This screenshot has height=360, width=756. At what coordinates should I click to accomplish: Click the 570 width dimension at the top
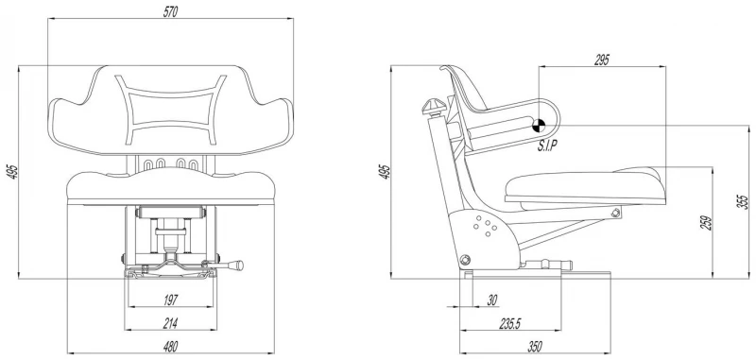click(171, 12)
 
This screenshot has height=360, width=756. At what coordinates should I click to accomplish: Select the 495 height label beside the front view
click(12, 172)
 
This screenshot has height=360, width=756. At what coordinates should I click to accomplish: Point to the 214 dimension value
click(171, 323)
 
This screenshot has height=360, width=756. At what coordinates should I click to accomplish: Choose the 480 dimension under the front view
click(171, 347)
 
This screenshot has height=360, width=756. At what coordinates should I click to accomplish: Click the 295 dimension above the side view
click(602, 60)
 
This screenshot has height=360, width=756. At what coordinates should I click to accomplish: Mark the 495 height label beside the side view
click(385, 172)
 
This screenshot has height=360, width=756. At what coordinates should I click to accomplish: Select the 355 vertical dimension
click(745, 202)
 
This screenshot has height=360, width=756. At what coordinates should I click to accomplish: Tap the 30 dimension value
click(491, 300)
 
